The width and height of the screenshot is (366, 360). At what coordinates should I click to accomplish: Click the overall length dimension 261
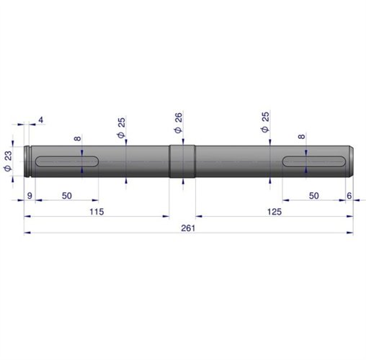[188, 228]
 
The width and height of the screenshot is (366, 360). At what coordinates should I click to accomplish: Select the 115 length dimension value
[97, 212]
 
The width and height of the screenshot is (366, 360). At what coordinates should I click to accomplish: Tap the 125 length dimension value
[274, 212]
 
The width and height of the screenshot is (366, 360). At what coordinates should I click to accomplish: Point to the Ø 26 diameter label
[179, 123]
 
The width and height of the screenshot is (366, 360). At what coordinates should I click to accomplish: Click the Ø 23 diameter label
[8, 161]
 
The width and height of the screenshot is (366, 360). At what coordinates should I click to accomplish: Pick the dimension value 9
[30, 196]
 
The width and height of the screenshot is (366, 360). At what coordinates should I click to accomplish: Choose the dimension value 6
[349, 196]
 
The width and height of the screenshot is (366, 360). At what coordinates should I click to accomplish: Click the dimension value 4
[41, 120]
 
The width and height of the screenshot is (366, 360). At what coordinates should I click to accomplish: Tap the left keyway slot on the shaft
[67, 161]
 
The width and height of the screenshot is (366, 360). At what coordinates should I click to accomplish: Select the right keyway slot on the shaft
[313, 161]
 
